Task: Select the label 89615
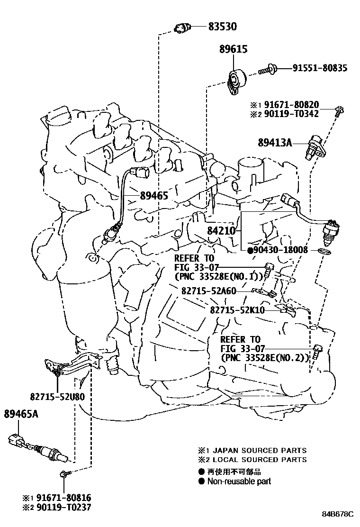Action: [233, 49]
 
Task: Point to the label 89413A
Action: [275, 142]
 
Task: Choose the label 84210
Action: [221, 231]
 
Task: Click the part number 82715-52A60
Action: [208, 290]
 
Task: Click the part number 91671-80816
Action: [61, 498]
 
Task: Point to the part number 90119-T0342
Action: [291, 114]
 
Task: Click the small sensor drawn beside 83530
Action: [182, 28]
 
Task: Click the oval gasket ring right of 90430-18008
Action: [323, 250]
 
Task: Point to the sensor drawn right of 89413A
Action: [315, 145]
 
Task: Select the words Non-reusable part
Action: [241, 482]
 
